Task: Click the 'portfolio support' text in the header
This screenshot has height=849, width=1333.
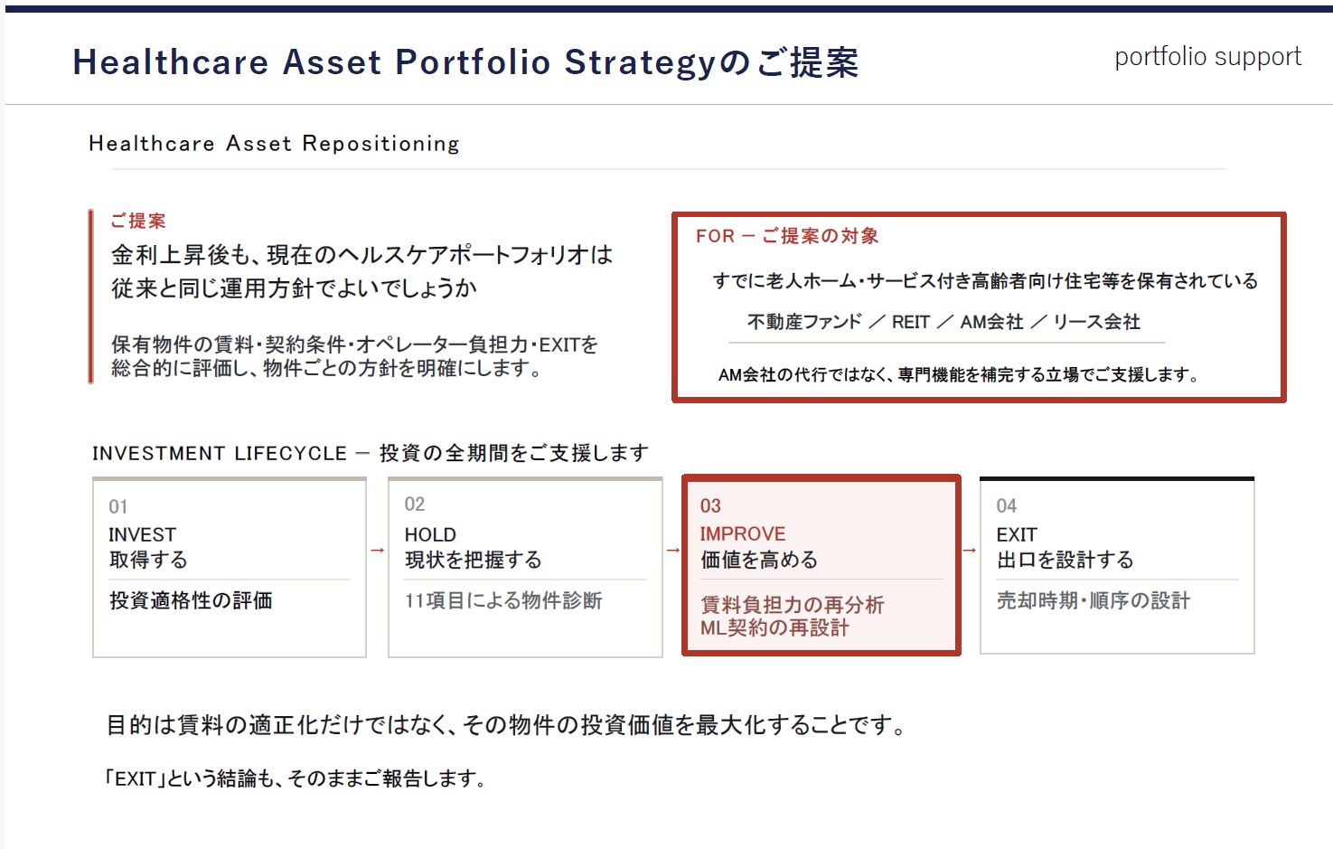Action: pyautogui.click(x=1208, y=58)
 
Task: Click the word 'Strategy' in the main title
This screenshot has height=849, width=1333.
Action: pyautogui.click(x=640, y=63)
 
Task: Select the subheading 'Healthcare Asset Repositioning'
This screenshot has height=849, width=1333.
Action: pyautogui.click(x=275, y=144)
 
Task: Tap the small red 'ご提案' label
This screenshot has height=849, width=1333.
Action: pyautogui.click(x=138, y=221)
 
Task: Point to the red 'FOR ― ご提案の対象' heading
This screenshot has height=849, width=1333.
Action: pyautogui.click(x=787, y=236)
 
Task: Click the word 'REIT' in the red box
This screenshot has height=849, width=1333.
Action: pyautogui.click(x=910, y=322)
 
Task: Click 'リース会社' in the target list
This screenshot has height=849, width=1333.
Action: pyautogui.click(x=1097, y=322)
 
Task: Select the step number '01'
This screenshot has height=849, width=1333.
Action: pyautogui.click(x=117, y=506)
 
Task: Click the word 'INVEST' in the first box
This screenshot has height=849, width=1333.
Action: pyautogui.click(x=142, y=534)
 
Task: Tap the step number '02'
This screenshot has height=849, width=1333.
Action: pyautogui.click(x=415, y=505)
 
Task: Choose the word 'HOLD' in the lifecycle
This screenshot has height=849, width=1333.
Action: pyautogui.click(x=430, y=534)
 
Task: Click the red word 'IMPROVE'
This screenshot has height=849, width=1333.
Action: pyautogui.click(x=743, y=534)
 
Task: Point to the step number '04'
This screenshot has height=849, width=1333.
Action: pyautogui.click(x=1006, y=506)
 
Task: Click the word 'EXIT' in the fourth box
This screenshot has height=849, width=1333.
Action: pyautogui.click(x=1017, y=534)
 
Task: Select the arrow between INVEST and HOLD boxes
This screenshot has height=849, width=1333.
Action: pyautogui.click(x=377, y=550)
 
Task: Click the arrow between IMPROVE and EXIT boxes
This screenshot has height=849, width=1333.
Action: pyautogui.click(x=970, y=550)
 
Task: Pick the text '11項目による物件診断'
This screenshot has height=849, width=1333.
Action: pyautogui.click(x=503, y=600)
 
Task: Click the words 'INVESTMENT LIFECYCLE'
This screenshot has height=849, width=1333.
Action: pyautogui.click(x=220, y=454)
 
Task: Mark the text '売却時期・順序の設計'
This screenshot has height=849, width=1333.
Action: pyautogui.click(x=1094, y=600)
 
